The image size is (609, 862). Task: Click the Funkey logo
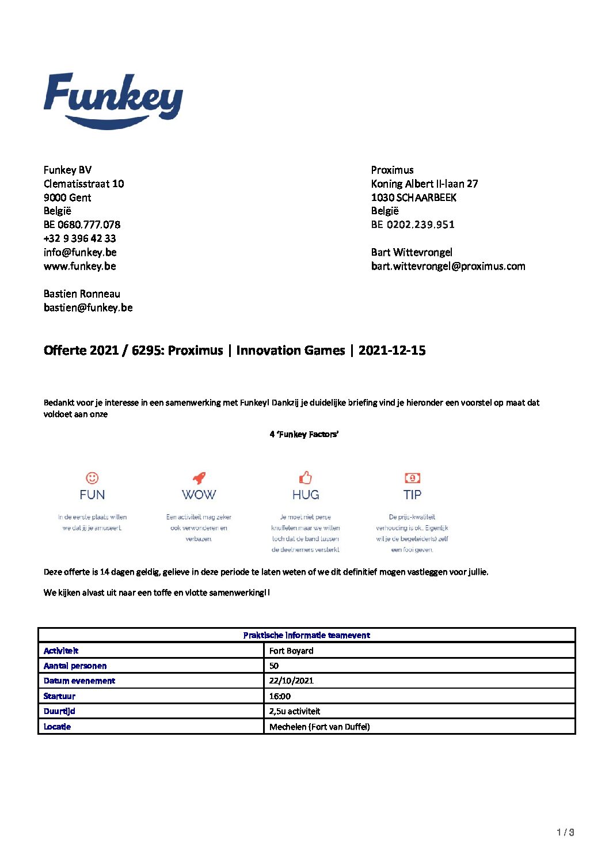click(x=113, y=101)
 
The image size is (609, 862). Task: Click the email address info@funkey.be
click(x=80, y=252)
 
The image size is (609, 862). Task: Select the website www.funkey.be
click(x=80, y=266)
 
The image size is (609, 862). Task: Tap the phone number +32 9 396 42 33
click(x=80, y=238)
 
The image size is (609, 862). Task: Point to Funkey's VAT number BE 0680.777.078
click(x=82, y=225)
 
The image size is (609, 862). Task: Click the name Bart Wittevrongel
click(x=412, y=252)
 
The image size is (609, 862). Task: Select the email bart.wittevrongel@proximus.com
click(x=448, y=266)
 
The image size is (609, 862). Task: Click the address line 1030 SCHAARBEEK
click(x=413, y=198)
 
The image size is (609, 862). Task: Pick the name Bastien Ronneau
click(x=82, y=294)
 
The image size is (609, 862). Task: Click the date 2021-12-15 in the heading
click(x=392, y=350)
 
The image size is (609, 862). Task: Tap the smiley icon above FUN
click(x=92, y=478)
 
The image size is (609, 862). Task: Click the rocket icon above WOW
click(x=199, y=478)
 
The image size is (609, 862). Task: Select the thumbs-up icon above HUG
click(x=305, y=478)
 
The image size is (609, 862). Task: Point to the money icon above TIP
click(x=412, y=478)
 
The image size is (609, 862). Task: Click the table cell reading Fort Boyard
click(x=291, y=651)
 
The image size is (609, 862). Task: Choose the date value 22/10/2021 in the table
click(x=291, y=681)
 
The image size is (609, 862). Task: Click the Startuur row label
click(x=59, y=696)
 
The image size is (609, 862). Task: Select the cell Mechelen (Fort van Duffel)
click(x=319, y=727)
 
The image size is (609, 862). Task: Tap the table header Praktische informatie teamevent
click(x=306, y=635)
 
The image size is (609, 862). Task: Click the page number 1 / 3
click(x=565, y=832)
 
